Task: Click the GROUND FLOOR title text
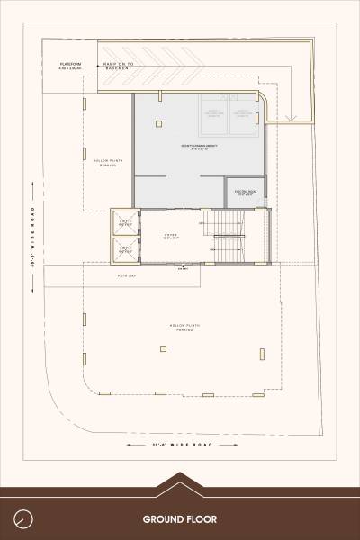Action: coord(179,519)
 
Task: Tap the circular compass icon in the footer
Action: coord(23,519)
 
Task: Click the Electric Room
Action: coord(247,193)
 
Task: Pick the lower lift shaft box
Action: coord(125,249)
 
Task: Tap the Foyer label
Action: coord(169,237)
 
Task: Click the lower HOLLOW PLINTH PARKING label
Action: coord(180,328)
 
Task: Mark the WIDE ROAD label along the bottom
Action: coord(179,446)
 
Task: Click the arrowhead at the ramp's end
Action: coord(291,118)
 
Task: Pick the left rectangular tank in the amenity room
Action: coord(216,114)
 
